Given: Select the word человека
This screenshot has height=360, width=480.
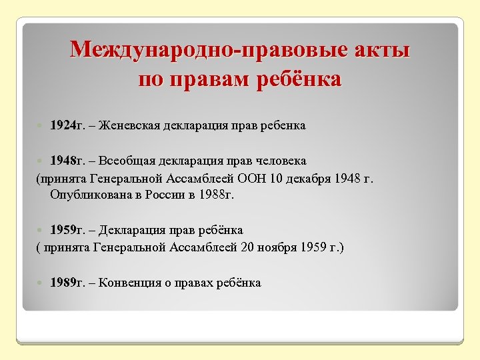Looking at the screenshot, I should [278, 161].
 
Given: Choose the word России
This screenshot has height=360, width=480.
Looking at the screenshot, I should [168, 195].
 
